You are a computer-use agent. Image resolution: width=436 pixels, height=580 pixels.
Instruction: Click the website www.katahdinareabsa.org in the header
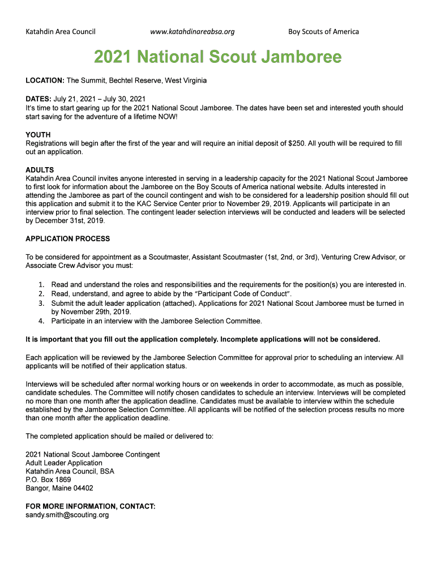coord(192,32)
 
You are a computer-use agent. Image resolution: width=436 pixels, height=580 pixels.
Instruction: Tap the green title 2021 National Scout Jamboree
coord(217,57)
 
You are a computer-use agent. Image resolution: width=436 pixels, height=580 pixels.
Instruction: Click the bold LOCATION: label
coord(45,80)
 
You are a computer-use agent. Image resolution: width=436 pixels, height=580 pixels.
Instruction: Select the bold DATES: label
coord(39,99)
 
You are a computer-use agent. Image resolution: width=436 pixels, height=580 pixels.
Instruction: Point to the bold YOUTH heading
coord(38,135)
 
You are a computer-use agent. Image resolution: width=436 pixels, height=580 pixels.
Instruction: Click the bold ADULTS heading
coord(40,170)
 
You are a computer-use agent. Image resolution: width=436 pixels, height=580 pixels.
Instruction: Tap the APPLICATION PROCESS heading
coord(68,238)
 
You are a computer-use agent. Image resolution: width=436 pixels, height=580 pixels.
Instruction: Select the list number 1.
coord(41,284)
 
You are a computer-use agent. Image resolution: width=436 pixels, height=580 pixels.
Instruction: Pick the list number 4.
coord(41,321)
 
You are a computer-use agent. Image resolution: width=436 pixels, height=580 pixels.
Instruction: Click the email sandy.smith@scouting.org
coord(67,515)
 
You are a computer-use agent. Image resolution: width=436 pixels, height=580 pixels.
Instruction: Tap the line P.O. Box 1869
coord(49,479)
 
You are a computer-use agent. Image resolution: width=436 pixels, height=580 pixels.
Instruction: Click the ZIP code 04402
coord(82,488)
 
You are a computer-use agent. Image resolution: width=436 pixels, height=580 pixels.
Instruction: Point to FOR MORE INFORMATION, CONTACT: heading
coord(91,506)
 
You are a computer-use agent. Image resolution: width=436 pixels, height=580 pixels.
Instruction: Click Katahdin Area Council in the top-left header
coord(61,32)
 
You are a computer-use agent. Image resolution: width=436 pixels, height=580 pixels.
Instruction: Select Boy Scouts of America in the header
coord(323,32)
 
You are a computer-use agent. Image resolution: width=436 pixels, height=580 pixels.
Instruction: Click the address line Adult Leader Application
coord(64,463)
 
